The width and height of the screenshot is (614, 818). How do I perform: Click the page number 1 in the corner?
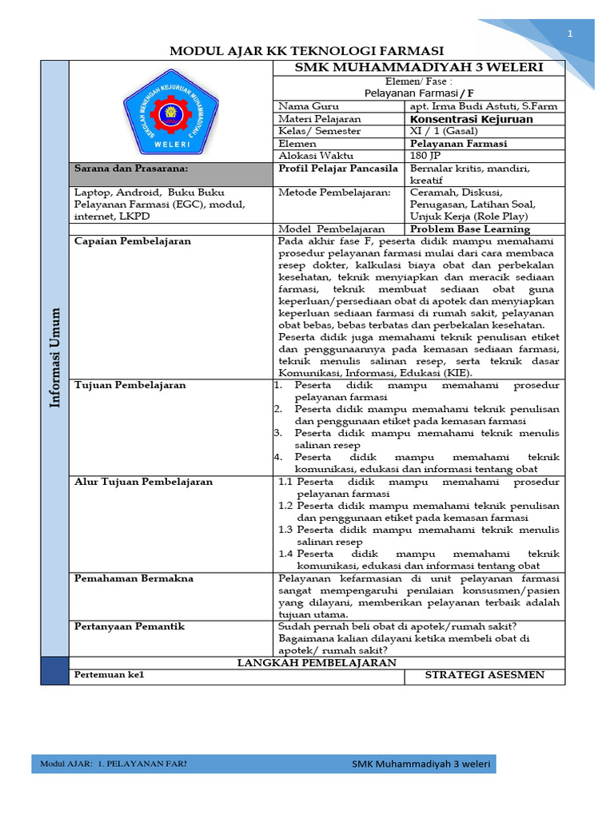click(570, 34)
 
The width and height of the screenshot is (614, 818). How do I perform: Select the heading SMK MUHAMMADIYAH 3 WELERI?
click(419, 67)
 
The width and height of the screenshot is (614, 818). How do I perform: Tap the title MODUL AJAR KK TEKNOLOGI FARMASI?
click(306, 50)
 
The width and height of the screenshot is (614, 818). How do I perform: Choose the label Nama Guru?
click(309, 106)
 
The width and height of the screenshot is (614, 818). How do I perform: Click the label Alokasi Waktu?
click(315, 156)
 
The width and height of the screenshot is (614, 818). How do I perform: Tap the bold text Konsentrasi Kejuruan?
click(471, 119)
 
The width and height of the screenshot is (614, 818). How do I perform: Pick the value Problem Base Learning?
click(469, 229)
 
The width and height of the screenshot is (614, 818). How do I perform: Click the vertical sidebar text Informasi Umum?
click(54, 359)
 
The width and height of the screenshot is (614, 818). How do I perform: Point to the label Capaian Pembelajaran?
click(133, 241)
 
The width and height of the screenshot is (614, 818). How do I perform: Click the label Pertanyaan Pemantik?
click(130, 626)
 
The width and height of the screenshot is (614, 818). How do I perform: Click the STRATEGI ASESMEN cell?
click(484, 675)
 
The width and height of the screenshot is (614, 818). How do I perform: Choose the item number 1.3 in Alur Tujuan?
click(285, 530)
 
